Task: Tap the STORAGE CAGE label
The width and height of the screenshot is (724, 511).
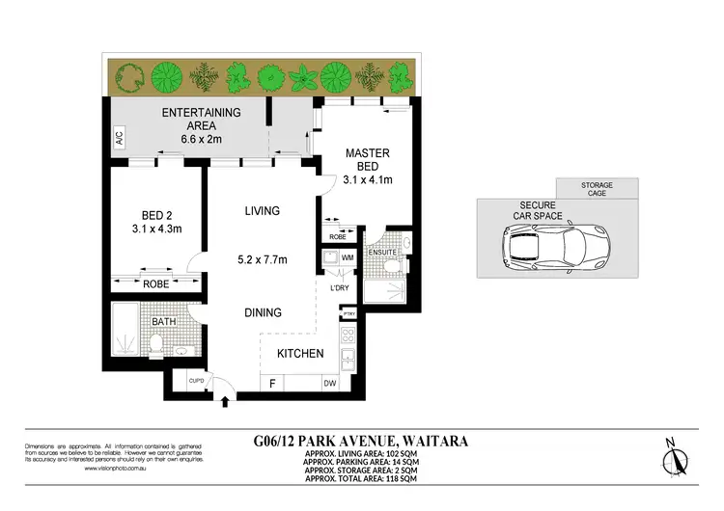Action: pyautogui.click(x=596, y=189)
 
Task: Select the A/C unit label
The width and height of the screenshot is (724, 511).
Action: pyautogui.click(x=119, y=139)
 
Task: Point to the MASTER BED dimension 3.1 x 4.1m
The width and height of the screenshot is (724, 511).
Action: pyautogui.click(x=368, y=178)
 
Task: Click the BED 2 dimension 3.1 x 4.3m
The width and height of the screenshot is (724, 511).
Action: pyautogui.click(x=155, y=229)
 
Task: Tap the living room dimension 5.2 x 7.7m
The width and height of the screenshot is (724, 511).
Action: pyautogui.click(x=262, y=258)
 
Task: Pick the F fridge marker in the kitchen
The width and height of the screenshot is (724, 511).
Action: pyautogui.click(x=273, y=384)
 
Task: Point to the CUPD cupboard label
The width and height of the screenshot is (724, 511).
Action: pyautogui.click(x=195, y=381)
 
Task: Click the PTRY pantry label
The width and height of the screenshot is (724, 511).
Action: pyautogui.click(x=349, y=313)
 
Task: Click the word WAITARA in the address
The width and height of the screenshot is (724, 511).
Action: pyautogui.click(x=433, y=441)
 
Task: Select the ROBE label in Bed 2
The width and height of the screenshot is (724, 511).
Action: pyautogui.click(x=155, y=283)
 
